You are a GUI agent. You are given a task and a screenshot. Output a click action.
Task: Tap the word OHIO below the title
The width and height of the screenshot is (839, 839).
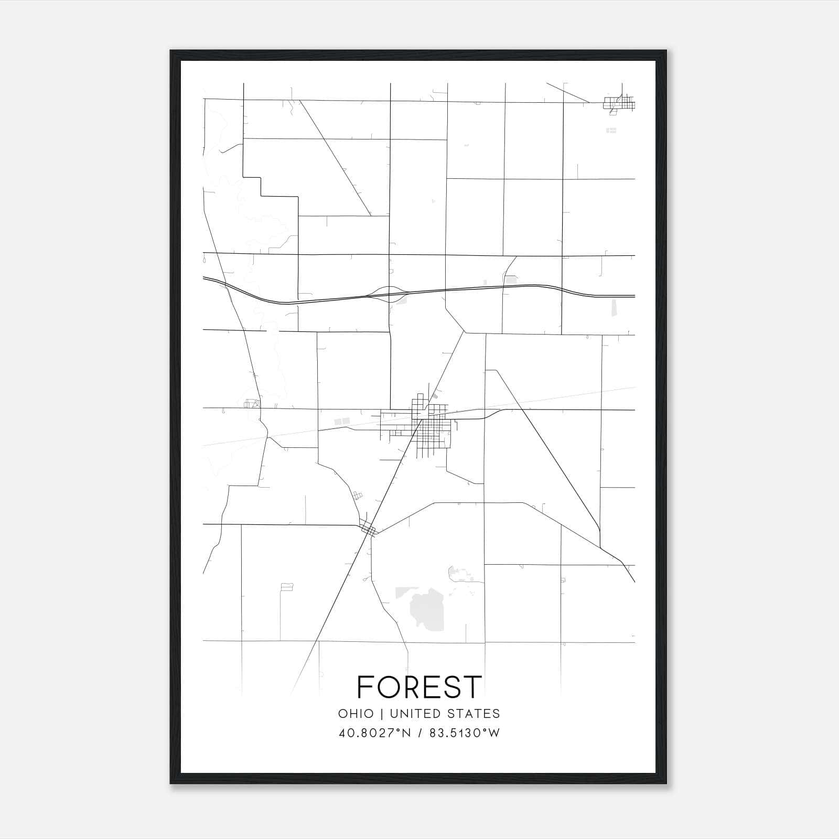(x=356, y=714)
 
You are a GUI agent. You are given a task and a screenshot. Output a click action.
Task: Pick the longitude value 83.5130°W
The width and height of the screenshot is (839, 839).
(x=465, y=733)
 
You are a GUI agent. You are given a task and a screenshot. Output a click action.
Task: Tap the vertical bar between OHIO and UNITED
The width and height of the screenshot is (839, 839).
(x=383, y=714)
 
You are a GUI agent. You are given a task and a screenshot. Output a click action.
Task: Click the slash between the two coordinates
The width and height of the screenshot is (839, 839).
(x=419, y=733)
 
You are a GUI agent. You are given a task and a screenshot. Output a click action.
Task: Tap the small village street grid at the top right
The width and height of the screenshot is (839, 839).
(x=619, y=103)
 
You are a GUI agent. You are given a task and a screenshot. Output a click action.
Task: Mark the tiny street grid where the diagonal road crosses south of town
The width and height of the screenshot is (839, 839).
(x=369, y=530)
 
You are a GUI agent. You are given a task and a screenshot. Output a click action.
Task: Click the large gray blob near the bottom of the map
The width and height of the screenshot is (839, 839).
(x=427, y=610)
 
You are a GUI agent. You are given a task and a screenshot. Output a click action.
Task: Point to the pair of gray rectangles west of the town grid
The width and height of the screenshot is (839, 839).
(x=342, y=421)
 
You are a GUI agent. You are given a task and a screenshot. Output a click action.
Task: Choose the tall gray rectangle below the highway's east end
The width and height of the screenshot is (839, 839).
(x=615, y=307)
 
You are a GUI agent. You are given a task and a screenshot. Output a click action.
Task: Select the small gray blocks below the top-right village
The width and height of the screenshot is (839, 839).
(x=611, y=130)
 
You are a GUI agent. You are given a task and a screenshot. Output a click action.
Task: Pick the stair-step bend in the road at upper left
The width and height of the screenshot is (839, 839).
(x=261, y=186)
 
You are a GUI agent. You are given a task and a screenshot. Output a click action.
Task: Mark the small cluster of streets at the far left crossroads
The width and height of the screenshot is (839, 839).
(x=252, y=404)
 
